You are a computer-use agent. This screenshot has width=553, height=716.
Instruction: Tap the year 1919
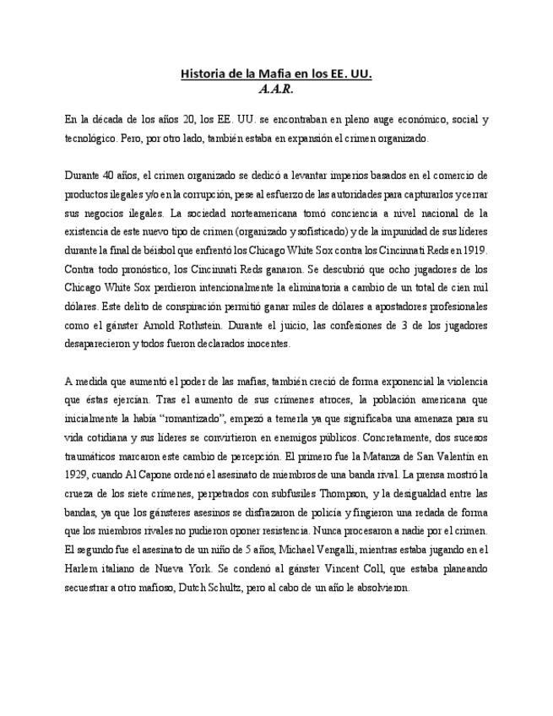point(473,250)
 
